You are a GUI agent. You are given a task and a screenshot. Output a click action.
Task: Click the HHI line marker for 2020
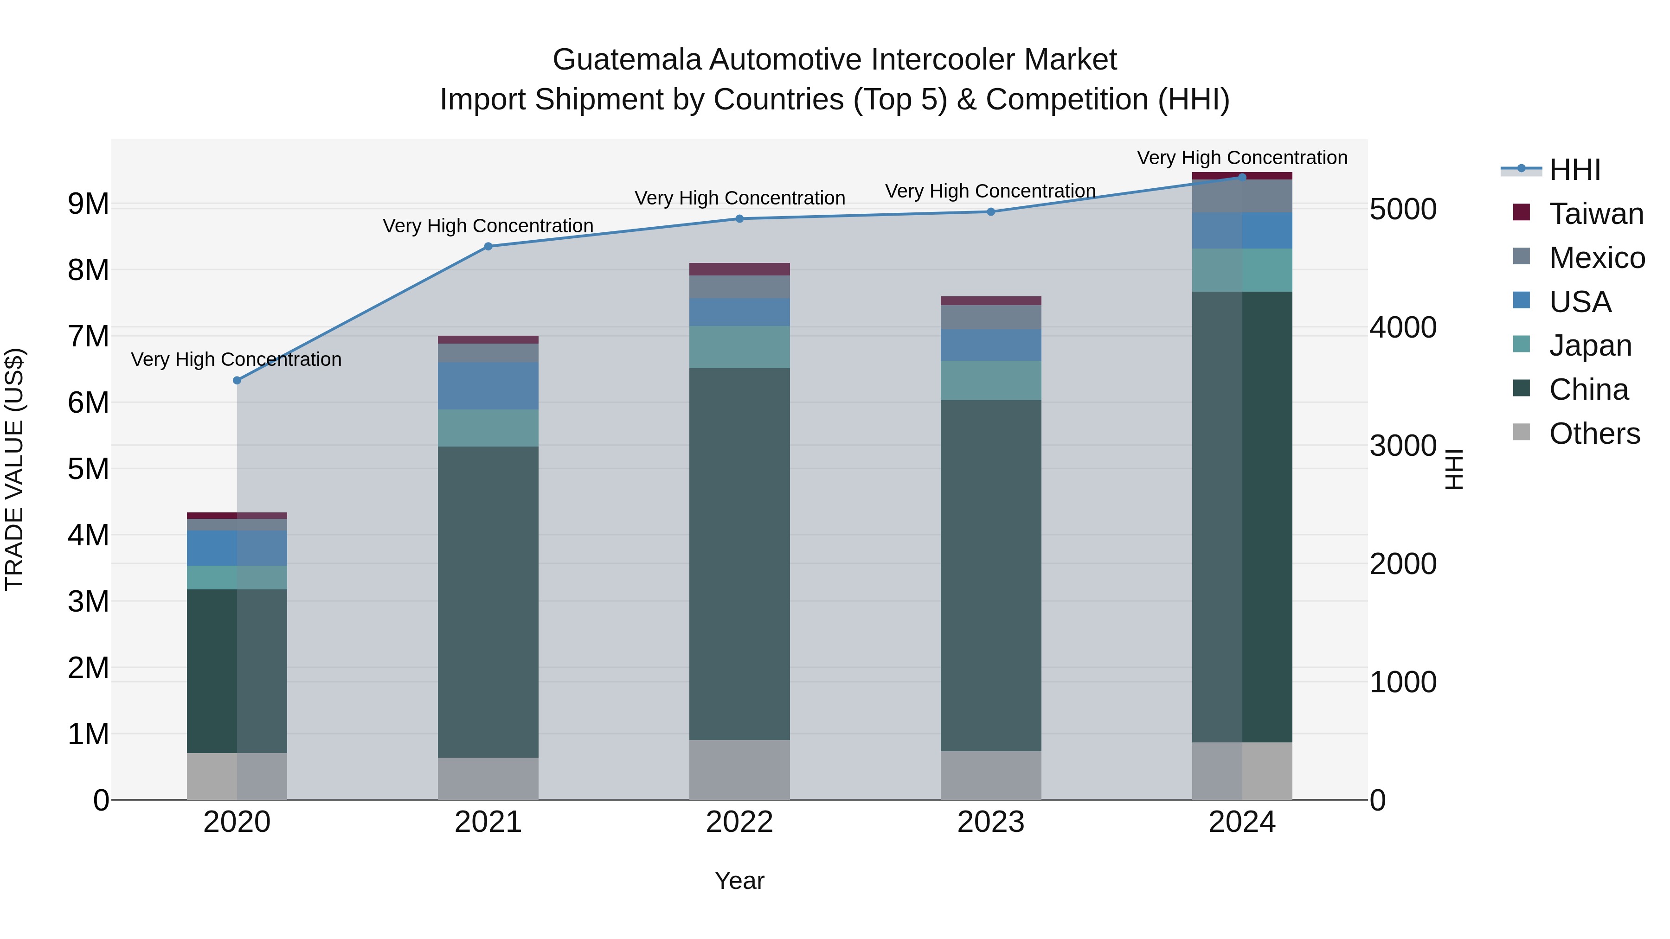tap(237, 380)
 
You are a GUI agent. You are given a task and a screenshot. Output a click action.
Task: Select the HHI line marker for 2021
tap(488, 246)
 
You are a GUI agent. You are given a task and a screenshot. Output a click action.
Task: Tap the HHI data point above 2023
tap(990, 212)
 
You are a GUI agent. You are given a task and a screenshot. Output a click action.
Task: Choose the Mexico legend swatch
tap(1521, 256)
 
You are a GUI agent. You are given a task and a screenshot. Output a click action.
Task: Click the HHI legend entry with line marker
tap(1575, 170)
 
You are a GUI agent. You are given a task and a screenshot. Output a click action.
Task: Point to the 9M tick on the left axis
tap(88, 204)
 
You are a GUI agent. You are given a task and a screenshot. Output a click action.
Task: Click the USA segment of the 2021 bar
tap(488, 386)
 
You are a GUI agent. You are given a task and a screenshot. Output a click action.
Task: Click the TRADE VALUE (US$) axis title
tap(14, 469)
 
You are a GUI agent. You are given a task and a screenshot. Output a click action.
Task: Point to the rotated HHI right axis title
tap(1454, 469)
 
